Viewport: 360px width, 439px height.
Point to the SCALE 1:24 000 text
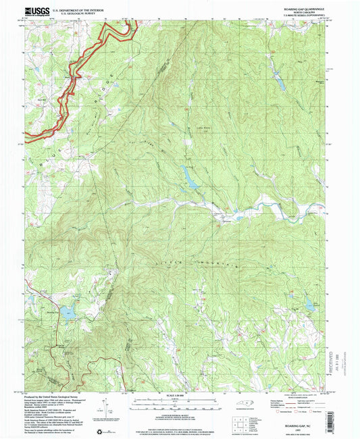180,394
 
